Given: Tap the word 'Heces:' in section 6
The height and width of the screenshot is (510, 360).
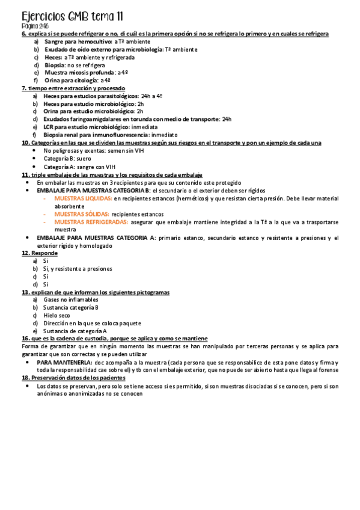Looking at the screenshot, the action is [53, 57].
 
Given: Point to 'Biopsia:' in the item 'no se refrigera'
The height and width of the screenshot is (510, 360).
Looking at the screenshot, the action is [55, 65].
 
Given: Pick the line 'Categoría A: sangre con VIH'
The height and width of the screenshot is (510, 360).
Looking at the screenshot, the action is [79, 167].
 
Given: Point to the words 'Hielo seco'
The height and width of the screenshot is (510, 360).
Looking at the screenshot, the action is [57, 315].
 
